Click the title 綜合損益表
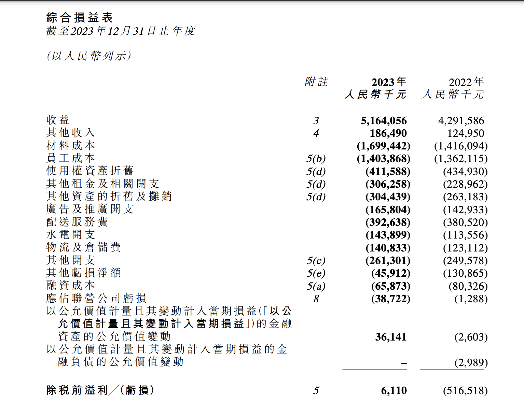(79, 17)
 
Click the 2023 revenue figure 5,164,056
(384, 120)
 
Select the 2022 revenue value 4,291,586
(461, 120)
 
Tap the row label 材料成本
(70, 146)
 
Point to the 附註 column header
(316, 82)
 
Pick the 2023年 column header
(389, 82)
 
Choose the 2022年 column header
(466, 82)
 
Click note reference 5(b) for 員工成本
(316, 159)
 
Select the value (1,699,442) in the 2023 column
(383, 146)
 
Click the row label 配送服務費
(77, 222)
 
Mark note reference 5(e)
(316, 273)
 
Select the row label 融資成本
(70, 286)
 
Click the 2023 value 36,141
(391, 337)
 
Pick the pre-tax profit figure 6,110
(394, 390)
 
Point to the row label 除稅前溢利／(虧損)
(100, 390)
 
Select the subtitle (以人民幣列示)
(89, 56)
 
